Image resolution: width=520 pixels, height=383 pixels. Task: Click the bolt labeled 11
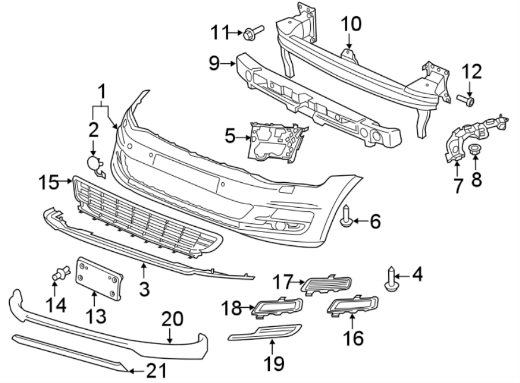(255, 32)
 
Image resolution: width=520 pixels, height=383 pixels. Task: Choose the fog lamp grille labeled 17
(328, 283)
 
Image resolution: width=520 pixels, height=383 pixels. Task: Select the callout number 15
(49, 183)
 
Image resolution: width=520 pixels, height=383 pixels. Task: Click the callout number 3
(144, 287)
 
